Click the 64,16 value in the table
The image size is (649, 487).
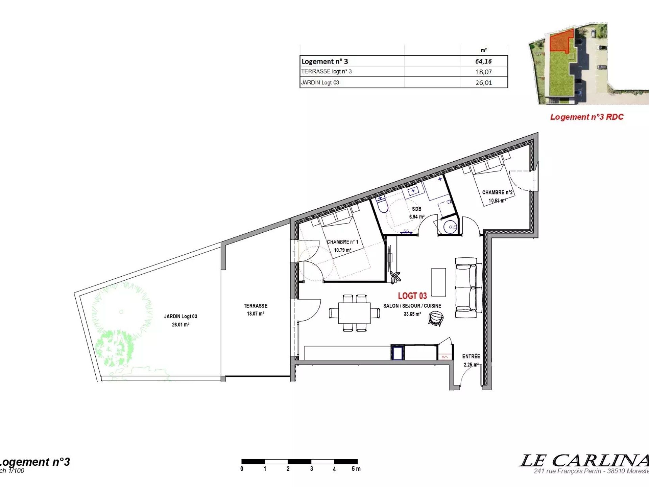483,61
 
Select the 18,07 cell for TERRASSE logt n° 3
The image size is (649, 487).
484,72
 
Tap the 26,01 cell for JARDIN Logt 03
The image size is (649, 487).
484,83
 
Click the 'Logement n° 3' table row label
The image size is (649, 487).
324,61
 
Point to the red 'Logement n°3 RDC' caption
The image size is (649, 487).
587,117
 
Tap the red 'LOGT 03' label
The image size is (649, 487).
412,296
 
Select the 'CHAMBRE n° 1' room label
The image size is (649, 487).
342,242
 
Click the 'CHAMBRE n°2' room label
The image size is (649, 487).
497,192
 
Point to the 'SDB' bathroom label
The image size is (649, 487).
416,209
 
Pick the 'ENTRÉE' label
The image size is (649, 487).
471,356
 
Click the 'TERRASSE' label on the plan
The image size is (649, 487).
256,306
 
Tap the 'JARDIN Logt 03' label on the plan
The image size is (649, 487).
181,317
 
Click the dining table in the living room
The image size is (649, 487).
354,313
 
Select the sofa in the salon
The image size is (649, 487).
468,288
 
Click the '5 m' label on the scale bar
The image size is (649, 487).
356,469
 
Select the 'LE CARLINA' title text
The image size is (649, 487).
584,461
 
